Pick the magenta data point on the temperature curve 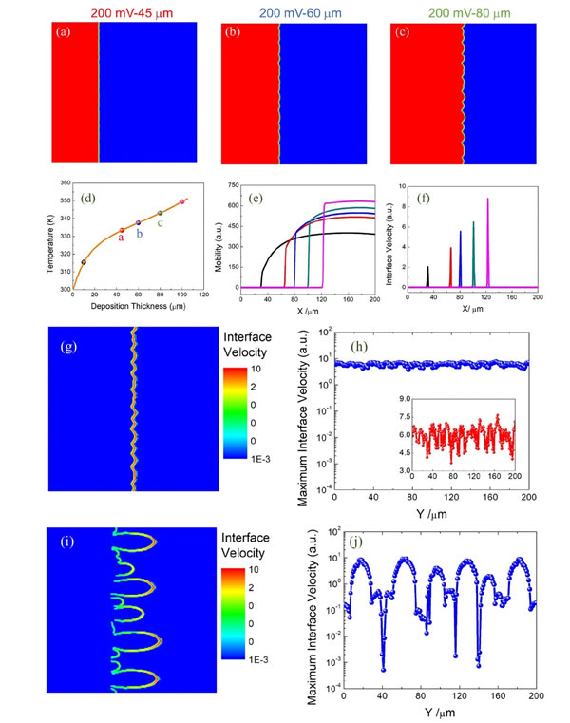(181, 201)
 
